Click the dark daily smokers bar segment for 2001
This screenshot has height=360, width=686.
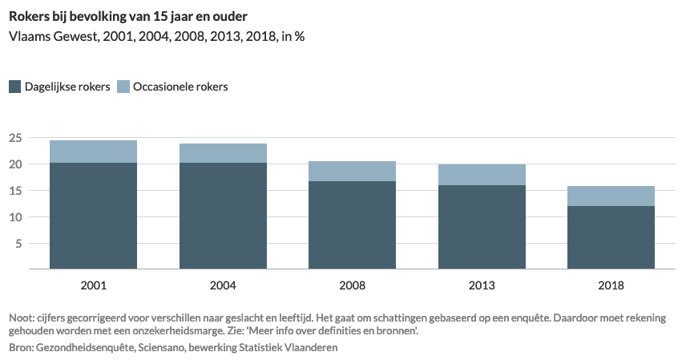93,216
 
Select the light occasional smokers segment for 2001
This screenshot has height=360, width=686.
93,152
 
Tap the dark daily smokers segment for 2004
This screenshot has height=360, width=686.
223,216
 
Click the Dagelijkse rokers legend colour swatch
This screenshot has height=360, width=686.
14,87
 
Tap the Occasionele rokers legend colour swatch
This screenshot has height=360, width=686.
123,87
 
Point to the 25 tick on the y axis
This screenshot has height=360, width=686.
14,138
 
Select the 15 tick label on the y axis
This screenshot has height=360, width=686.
14,191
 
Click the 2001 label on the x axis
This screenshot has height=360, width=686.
93,285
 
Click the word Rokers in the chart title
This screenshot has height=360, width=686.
29,14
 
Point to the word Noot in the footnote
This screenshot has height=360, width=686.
22,318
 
